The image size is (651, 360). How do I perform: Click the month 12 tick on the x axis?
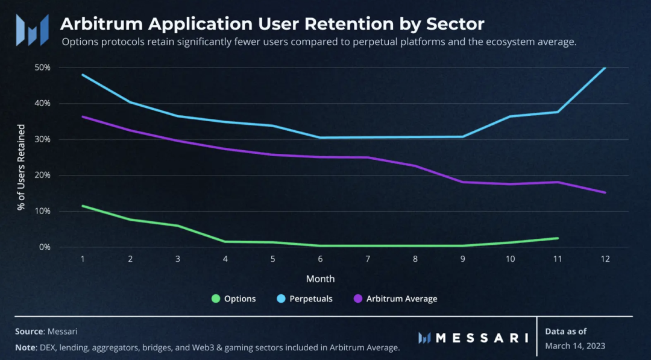(605, 259)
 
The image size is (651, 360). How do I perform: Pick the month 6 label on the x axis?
(320, 259)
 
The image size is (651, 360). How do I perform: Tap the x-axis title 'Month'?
(320, 279)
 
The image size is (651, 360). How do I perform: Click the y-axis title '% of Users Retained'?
(21, 167)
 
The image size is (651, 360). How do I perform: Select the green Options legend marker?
(216, 298)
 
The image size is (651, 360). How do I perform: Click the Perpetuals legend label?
(311, 298)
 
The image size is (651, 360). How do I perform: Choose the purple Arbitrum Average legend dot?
(357, 298)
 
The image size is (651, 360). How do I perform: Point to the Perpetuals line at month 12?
(605, 68)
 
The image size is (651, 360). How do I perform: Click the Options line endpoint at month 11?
(558, 238)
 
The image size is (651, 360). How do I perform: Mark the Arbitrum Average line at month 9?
(463, 182)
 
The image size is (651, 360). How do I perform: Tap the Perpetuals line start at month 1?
(83, 75)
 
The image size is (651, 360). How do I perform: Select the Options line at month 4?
(225, 242)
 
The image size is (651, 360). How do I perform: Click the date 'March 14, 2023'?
(575, 346)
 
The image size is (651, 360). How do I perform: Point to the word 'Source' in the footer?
(29, 331)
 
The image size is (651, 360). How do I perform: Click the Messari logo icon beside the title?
(33, 30)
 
